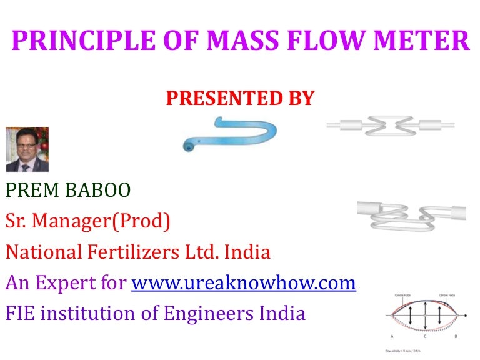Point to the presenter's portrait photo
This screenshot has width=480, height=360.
pyautogui.click(x=27, y=149)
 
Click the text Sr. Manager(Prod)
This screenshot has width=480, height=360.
pyautogui.click(x=87, y=221)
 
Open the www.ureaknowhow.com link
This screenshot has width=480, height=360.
pyautogui.click(x=244, y=283)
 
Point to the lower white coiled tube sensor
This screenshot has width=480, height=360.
pyautogui.click(x=411, y=214)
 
